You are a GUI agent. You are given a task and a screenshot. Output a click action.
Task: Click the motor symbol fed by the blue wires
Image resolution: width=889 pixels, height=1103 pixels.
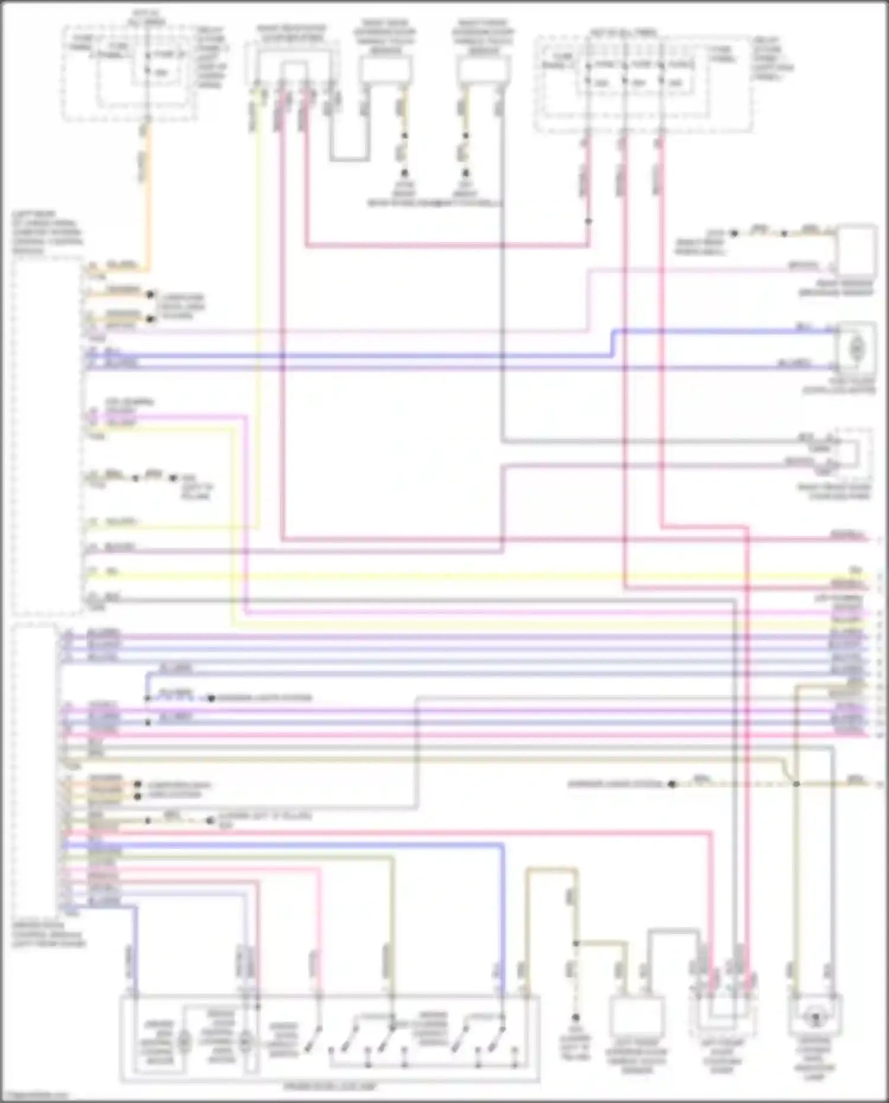(x=856, y=350)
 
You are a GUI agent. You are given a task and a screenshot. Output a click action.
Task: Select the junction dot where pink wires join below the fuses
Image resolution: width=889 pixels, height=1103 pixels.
(x=589, y=221)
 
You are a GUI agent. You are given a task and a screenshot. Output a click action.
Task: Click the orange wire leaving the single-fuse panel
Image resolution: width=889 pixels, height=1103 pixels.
(x=146, y=196)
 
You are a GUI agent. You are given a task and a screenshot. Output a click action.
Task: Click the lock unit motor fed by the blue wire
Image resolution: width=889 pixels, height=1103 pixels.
(x=184, y=1041)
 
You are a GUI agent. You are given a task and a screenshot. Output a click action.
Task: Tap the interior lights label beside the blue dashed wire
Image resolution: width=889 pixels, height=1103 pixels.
(x=264, y=698)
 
